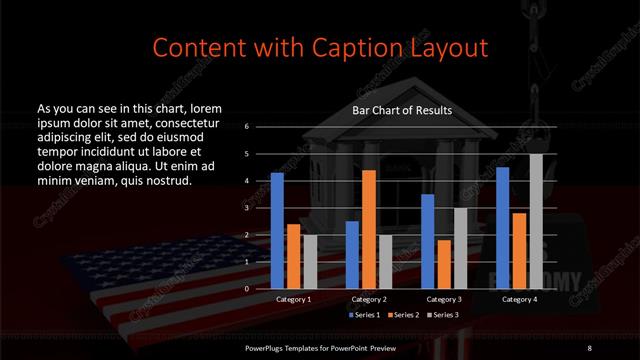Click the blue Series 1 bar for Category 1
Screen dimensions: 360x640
pyautogui.click(x=277, y=230)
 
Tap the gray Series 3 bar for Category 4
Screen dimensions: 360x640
pyautogui.click(x=536, y=221)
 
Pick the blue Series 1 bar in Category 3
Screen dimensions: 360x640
pyautogui.click(x=428, y=241)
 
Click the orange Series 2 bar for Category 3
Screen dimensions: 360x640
pyautogui.click(x=443, y=264)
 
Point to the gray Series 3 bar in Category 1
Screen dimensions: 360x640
pyautogui.click(x=309, y=261)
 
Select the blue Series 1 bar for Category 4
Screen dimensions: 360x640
pyautogui.click(x=503, y=227)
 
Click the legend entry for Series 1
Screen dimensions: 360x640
pyautogui.click(x=363, y=315)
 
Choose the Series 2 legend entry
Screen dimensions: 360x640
pyautogui.click(x=403, y=315)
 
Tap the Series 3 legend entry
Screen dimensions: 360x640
pyautogui.click(x=443, y=315)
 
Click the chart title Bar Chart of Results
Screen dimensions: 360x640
pyautogui.click(x=401, y=110)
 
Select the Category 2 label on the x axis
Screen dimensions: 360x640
pyautogui.click(x=369, y=299)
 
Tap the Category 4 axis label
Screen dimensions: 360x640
pyautogui.click(x=519, y=299)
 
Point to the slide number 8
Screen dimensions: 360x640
pyautogui.click(x=589, y=347)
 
